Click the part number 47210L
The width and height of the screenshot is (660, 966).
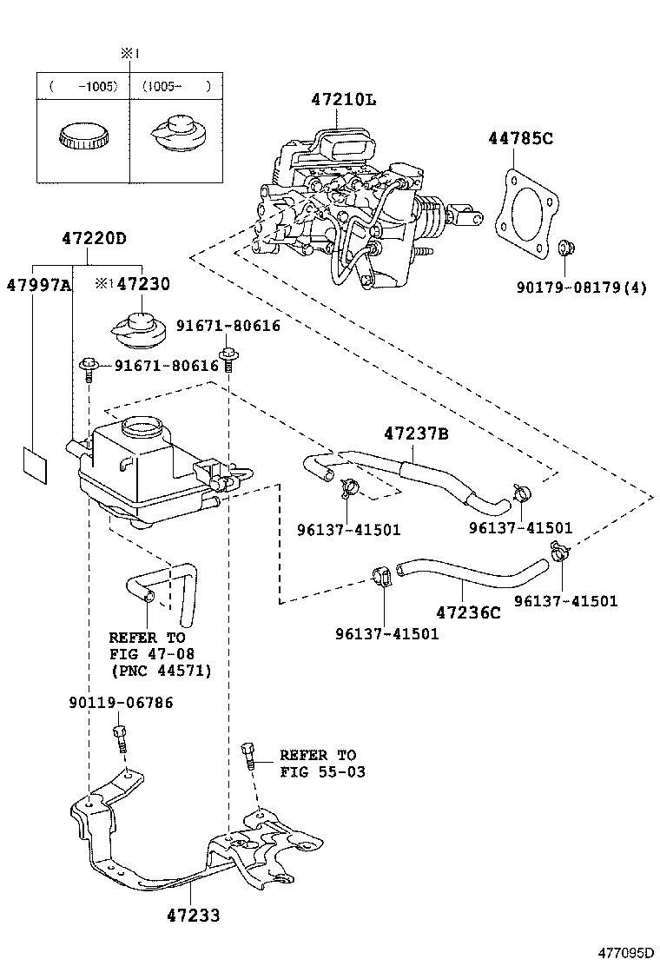pos(344,100)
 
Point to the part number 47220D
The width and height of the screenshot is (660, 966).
pos(94,238)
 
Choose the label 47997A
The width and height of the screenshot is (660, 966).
pos(37,284)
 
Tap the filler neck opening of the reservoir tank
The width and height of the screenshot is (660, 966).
pos(142,427)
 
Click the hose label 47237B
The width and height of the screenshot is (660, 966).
pos(416,433)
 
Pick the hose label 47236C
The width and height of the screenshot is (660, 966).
pos(468,612)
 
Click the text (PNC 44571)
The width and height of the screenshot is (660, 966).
pos(161,671)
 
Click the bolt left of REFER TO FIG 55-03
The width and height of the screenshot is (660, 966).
pos(248,755)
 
